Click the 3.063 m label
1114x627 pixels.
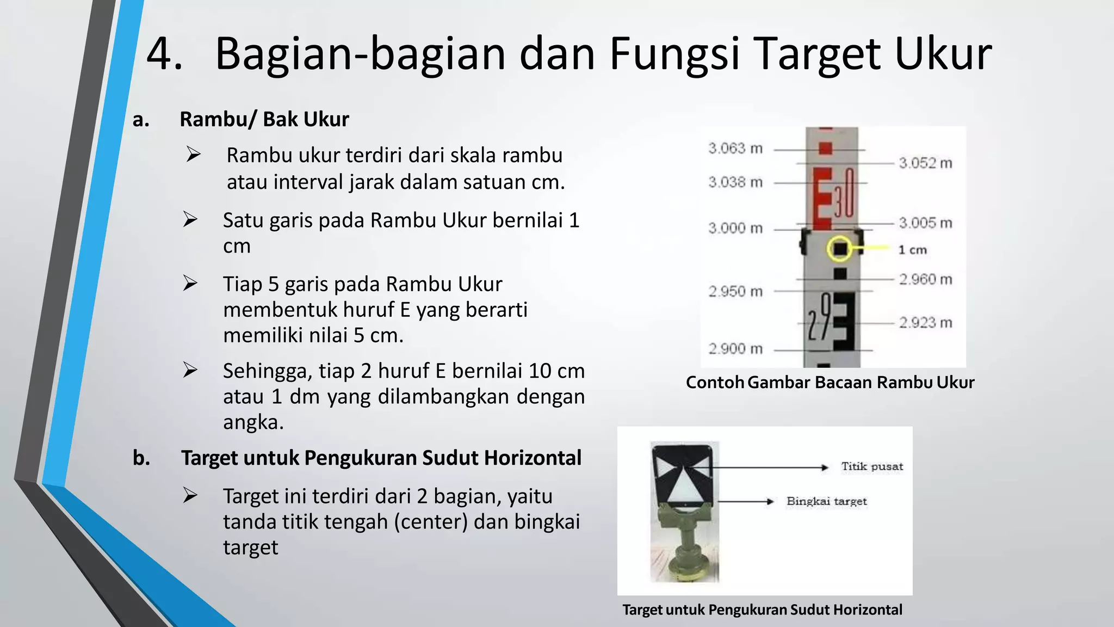735,148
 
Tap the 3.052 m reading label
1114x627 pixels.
925,163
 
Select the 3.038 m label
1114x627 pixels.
735,182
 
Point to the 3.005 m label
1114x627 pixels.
925,223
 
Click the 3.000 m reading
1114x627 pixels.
735,228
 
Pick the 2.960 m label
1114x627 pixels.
925,279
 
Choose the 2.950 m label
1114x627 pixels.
735,291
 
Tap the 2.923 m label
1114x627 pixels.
925,323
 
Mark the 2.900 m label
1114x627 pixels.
735,348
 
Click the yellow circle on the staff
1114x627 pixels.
840,249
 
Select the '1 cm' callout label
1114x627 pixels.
912,250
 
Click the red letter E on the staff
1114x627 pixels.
822,198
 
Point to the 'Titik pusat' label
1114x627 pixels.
872,466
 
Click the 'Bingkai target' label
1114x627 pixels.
826,501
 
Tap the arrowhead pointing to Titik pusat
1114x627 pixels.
825,467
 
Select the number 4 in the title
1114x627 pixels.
164,53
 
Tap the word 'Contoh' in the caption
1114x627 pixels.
715,382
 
